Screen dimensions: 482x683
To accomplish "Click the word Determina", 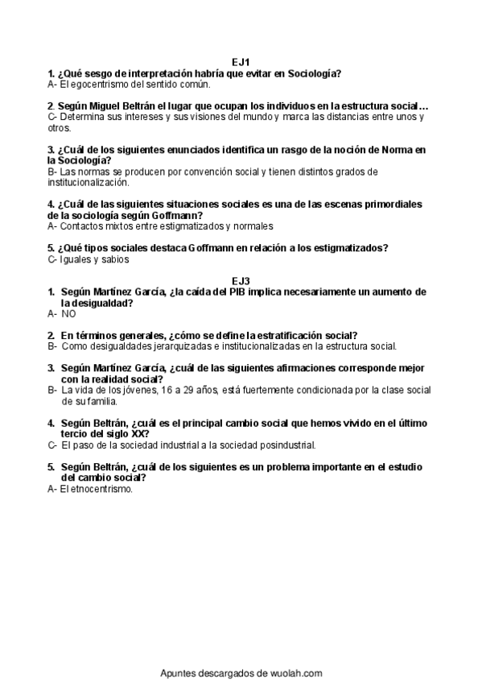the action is [84, 117].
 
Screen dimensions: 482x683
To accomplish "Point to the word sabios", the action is [116, 259].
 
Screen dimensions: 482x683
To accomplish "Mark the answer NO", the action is [68, 314].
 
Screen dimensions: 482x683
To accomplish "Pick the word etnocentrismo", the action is [100, 489].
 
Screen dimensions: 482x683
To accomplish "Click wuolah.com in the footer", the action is [296, 673].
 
